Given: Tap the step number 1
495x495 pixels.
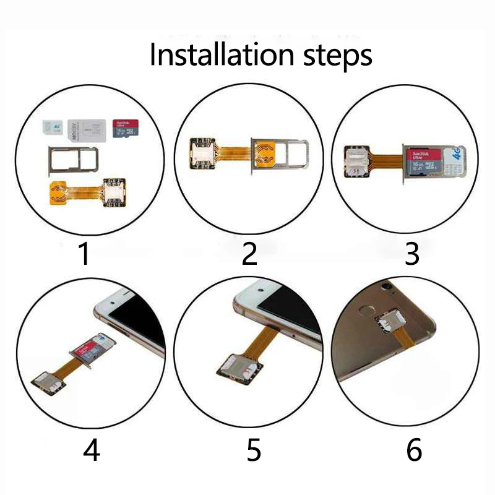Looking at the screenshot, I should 85,254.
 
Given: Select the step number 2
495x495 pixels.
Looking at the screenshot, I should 249,254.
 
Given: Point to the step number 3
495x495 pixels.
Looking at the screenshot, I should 412,254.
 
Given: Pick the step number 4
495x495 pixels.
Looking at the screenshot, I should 91,450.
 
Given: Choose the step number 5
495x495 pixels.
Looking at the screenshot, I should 254,450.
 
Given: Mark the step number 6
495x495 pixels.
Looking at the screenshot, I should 414,450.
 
